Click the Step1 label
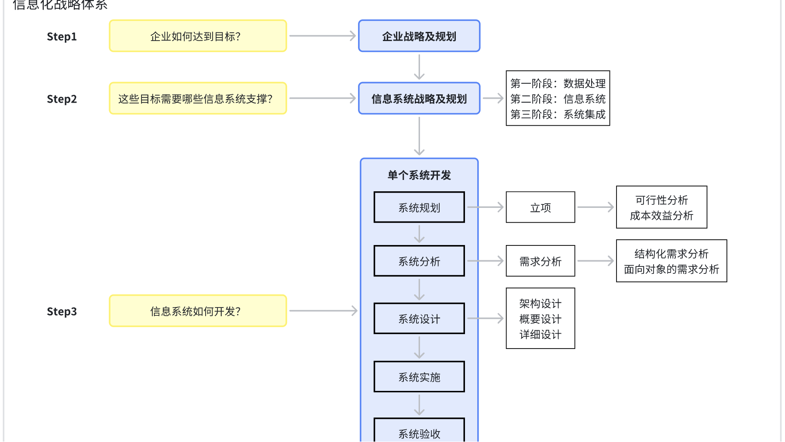tap(62, 37)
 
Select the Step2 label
tap(62, 99)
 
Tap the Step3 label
tap(62, 311)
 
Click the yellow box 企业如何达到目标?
tap(198, 36)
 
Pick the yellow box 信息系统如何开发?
tap(198, 311)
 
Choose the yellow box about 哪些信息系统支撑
tap(198, 99)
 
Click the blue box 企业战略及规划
tap(419, 36)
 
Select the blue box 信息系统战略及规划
tap(419, 99)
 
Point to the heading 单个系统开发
tap(419, 175)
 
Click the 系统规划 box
tap(419, 207)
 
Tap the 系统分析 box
tap(419, 261)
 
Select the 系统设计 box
tap(419, 319)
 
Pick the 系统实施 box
tap(419, 377)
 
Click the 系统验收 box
tap(419, 432)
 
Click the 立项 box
tap(541, 207)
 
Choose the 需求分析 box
tap(541, 261)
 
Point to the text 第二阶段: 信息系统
tap(558, 99)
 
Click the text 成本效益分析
tap(661, 215)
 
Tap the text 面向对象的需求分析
tap(671, 269)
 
